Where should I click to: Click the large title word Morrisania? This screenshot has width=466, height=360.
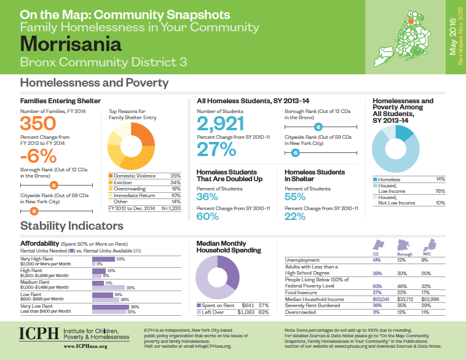tap(71, 44)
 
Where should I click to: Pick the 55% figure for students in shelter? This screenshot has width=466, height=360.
tap(295, 197)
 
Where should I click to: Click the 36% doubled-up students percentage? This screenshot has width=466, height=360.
tap(207, 197)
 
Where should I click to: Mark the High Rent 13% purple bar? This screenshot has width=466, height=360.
tap(98, 271)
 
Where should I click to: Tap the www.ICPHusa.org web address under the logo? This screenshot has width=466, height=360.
tap(86, 346)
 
